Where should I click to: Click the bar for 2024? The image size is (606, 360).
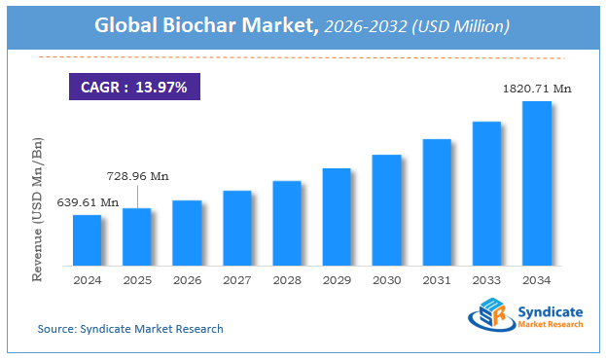click(88, 239)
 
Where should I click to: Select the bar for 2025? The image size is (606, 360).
click(137, 236)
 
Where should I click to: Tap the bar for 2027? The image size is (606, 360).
click(237, 228)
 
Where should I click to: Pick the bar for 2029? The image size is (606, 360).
click(337, 216)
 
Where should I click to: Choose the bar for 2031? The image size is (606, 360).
click(437, 201)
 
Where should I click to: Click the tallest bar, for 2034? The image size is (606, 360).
click(537, 183)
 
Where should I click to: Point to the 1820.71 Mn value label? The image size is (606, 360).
click(537, 89)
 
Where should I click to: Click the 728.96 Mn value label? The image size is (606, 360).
click(137, 176)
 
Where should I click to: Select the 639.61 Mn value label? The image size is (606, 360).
click(88, 202)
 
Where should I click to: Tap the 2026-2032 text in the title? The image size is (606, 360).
click(358, 25)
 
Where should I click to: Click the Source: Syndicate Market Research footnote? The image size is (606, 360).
click(130, 329)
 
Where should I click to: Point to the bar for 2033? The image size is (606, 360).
click(486, 193)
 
